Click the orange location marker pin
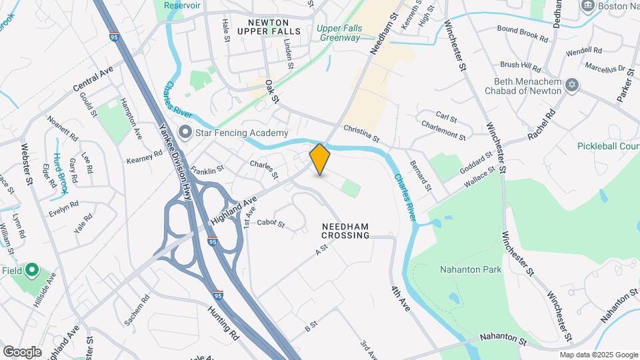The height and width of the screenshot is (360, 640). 320,159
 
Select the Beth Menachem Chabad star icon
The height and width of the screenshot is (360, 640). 571,86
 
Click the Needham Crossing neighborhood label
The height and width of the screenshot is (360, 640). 345,231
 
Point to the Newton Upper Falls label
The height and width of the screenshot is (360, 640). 264,27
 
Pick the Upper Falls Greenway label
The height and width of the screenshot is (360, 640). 338,33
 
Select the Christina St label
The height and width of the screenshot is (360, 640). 361,134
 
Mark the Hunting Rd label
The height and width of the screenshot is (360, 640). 223,320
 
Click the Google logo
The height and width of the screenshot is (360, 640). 22,351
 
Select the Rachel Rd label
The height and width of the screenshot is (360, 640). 541,125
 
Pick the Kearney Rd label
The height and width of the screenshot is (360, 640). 145,157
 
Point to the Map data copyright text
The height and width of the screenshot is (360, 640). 597,355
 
